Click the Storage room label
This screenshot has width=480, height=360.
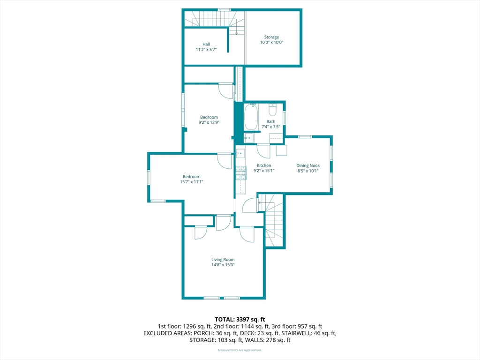[271, 37]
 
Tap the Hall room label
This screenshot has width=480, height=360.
[206, 44]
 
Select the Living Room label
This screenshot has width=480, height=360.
[223, 260]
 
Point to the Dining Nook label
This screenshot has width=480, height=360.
[308, 165]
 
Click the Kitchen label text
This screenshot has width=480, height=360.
[264, 165]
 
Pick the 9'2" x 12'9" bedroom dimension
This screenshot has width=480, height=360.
[209, 122]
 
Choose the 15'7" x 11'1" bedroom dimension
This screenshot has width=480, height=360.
[192, 182]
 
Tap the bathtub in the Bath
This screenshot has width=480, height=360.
[251, 117]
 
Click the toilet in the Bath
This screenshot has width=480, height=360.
[272, 109]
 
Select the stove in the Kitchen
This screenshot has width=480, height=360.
[241, 173]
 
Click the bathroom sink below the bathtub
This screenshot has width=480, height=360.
[249, 138]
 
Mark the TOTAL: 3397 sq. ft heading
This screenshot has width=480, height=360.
[240, 320]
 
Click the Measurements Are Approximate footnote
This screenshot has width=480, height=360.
[240, 350]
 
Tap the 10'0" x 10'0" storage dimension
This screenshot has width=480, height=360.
[271, 43]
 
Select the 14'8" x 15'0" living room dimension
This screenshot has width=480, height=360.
[223, 265]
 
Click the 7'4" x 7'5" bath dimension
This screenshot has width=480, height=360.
[270, 127]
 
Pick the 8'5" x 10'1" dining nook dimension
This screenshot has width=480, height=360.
[308, 171]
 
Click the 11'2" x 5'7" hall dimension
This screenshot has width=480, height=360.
[206, 50]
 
